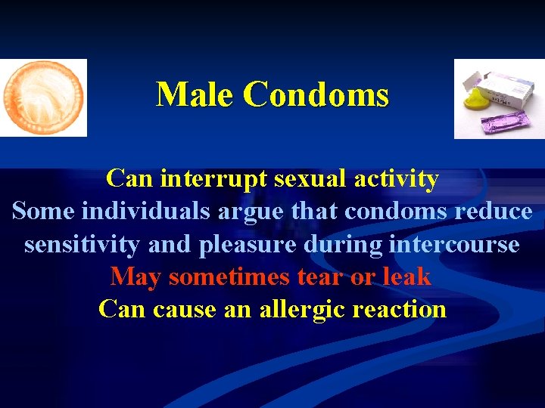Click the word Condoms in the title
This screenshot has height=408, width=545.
click(316, 95)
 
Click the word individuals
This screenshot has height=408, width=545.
click(145, 212)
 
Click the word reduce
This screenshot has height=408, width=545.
click(493, 212)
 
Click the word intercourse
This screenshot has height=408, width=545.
click(454, 245)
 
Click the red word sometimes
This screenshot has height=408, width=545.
click(230, 277)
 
